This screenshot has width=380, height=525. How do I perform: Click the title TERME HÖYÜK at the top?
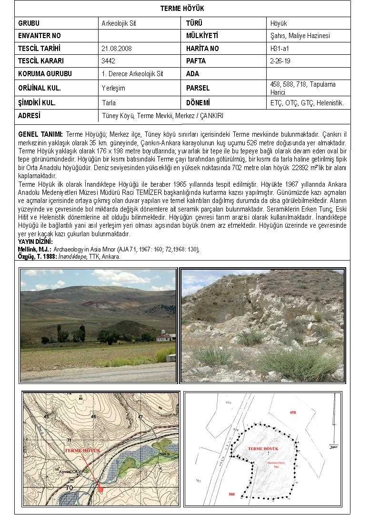coord(182,9)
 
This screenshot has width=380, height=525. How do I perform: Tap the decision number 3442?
coord(109,61)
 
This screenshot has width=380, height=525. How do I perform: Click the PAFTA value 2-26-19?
coord(280,61)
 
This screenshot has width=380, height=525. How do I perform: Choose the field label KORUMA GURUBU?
coord(45,74)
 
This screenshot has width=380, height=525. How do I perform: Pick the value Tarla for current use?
coord(109,102)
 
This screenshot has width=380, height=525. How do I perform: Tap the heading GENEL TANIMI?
coord(40,134)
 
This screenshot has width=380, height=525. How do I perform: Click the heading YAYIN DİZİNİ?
coord(35,242)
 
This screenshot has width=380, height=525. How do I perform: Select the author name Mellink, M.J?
coord(34,249)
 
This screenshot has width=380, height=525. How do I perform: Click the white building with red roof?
coord(165,337)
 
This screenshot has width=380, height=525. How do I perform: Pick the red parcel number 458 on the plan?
coord(293,413)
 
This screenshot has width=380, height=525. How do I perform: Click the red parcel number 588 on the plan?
coord(231,494)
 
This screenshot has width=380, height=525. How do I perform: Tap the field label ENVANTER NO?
coord(40,36)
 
